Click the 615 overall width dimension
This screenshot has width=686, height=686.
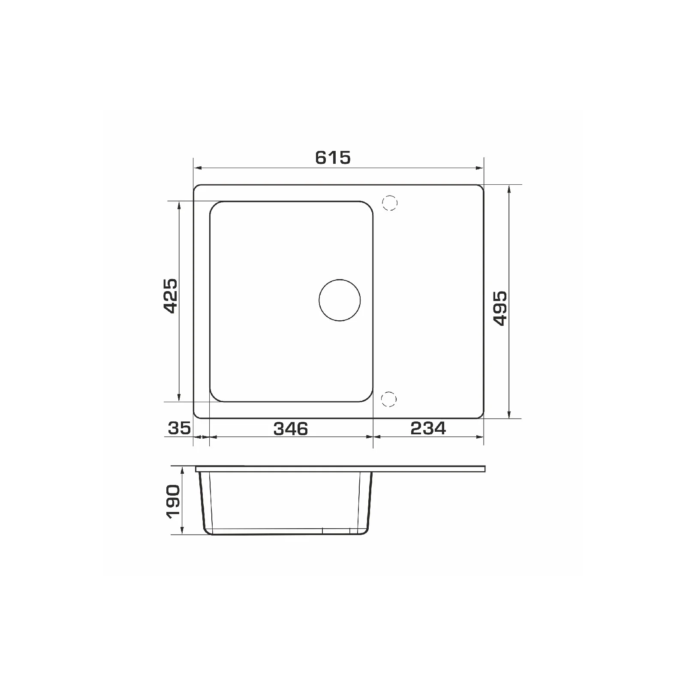click(333, 158)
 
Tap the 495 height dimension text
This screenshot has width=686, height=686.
click(500, 308)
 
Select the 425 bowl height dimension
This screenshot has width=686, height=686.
click(170, 296)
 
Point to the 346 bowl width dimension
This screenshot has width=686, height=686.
click(291, 428)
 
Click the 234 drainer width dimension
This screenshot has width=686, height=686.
click(428, 428)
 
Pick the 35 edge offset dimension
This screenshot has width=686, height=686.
click(179, 428)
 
